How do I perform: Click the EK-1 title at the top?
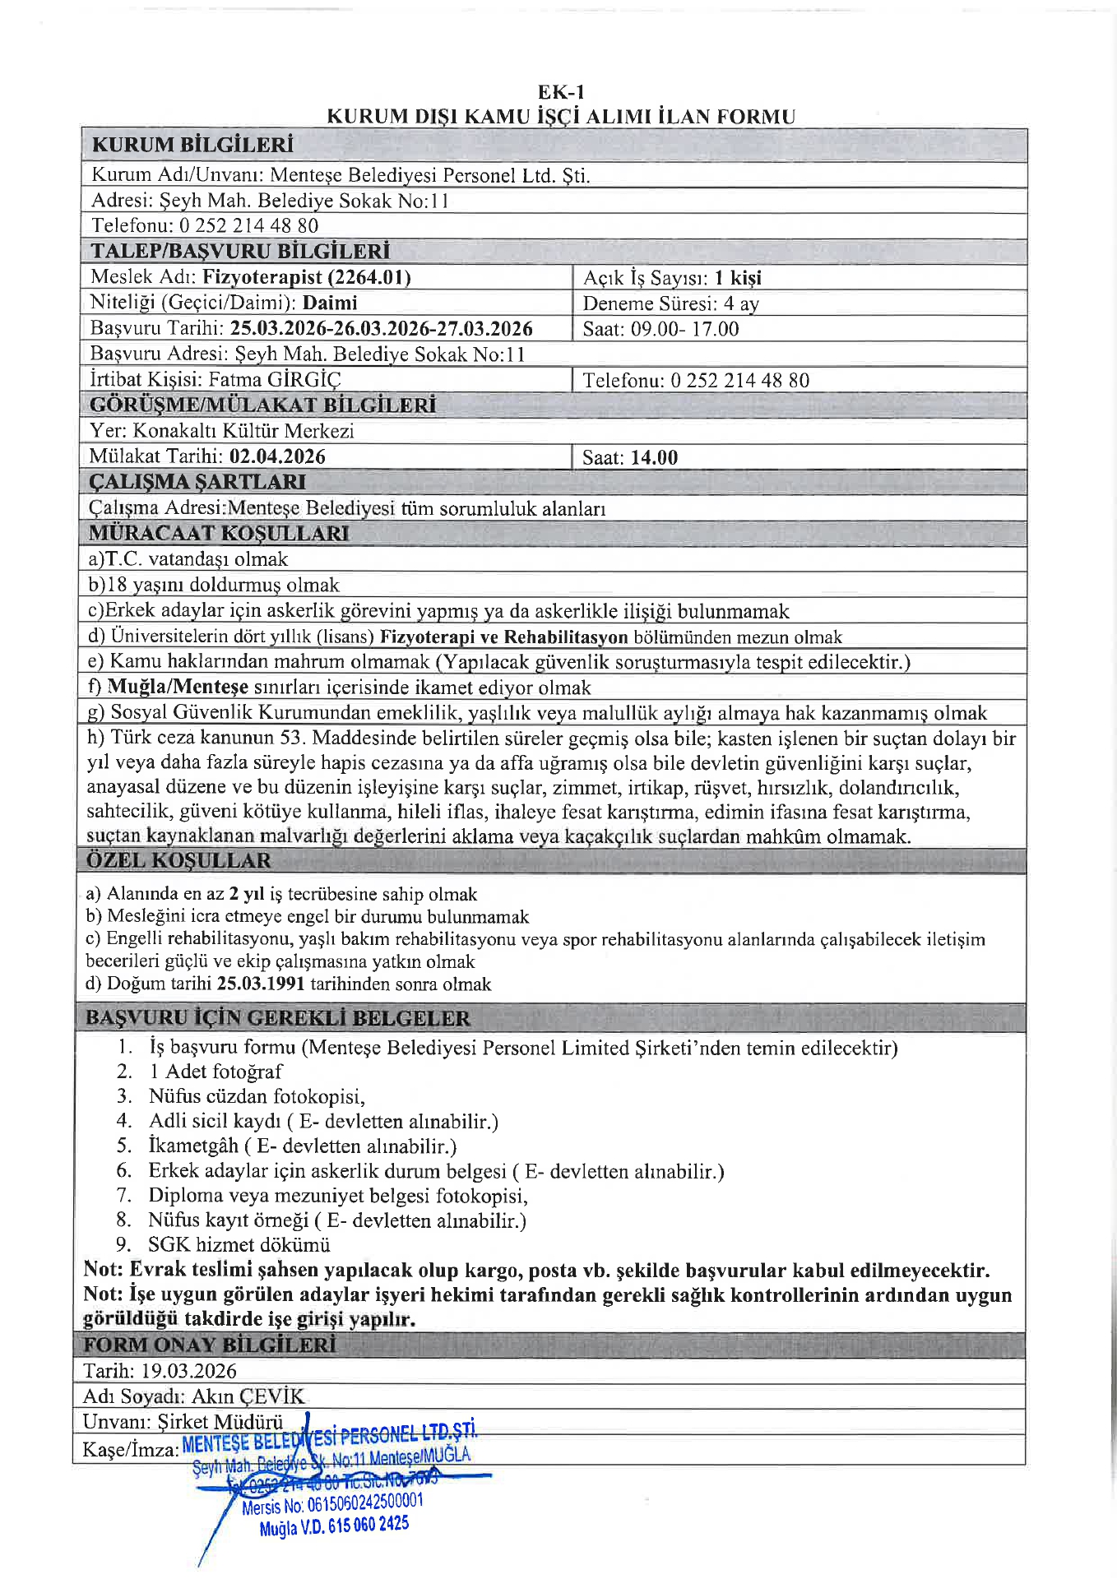[561, 92]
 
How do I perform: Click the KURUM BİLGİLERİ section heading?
[192, 146]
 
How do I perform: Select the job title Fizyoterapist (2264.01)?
[307, 277]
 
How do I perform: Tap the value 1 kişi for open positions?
[738, 278]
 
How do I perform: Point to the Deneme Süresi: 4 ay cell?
[670, 303]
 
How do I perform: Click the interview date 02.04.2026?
[277, 456]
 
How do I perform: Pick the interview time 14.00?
[654, 458]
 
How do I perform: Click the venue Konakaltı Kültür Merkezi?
[243, 431]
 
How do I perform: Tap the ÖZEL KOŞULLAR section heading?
[178, 861]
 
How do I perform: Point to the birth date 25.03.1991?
[261, 984]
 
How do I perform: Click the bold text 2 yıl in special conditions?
[247, 894]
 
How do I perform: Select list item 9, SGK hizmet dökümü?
[239, 1245]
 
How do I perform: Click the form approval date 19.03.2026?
[188, 1371]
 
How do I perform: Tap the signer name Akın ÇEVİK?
[248, 1396]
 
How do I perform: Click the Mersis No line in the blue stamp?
[332, 1503]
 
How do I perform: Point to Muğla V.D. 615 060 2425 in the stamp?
[334, 1526]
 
